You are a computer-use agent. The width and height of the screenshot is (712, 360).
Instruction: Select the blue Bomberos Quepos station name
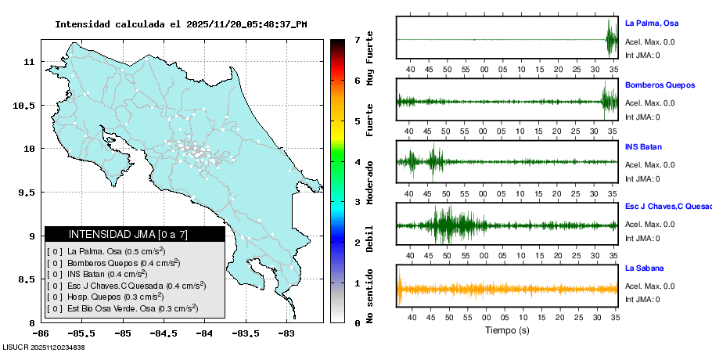(660, 85)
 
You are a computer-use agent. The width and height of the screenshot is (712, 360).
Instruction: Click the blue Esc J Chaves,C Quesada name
(667, 207)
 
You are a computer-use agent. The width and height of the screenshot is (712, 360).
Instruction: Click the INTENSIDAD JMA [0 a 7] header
(135, 234)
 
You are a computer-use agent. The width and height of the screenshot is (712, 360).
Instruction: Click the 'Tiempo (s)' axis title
(507, 330)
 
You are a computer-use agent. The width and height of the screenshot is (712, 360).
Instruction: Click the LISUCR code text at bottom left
(43, 347)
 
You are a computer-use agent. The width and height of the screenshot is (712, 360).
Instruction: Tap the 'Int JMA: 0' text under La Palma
(642, 55)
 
